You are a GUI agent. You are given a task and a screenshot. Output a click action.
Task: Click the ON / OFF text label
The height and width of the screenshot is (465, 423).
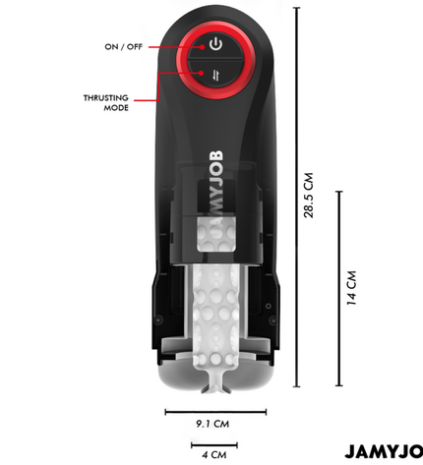(x=124, y=47)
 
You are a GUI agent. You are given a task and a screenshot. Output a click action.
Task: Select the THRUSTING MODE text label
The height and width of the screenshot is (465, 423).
(x=106, y=103)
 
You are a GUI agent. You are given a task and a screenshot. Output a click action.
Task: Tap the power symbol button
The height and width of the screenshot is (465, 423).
(x=215, y=44)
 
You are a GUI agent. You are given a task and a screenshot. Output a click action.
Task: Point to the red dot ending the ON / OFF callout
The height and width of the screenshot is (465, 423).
(x=203, y=47)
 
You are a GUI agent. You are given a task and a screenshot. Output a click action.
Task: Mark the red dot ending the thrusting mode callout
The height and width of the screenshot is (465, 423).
(x=201, y=73)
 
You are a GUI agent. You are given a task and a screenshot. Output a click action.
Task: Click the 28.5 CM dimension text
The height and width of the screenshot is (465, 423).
(x=309, y=196)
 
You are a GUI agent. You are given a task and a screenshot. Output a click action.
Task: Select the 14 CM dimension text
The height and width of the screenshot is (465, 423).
(x=351, y=288)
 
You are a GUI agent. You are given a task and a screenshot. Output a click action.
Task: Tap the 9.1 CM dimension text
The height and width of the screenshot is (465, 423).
(x=212, y=424)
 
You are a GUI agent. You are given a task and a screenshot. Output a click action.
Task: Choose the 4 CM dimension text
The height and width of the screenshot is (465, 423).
(x=213, y=454)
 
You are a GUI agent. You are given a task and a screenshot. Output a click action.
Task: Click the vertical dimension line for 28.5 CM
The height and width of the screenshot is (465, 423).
(x=297, y=197)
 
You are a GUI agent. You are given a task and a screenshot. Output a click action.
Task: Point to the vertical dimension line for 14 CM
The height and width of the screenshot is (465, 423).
(x=339, y=288)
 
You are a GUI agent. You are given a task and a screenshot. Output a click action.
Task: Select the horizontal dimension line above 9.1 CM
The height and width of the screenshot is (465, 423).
(x=215, y=412)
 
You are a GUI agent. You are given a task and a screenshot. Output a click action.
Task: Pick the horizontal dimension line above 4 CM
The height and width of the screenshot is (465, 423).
(x=214, y=445)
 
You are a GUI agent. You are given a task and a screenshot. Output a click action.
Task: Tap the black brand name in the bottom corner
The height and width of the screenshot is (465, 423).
(x=384, y=451)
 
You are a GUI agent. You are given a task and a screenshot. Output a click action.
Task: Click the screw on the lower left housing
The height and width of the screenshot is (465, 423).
(x=158, y=319)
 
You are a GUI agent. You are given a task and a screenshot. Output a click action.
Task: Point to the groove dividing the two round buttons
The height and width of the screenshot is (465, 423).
(x=215, y=60)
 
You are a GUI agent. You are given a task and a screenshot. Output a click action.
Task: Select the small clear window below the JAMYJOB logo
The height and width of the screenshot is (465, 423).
(x=216, y=235)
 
